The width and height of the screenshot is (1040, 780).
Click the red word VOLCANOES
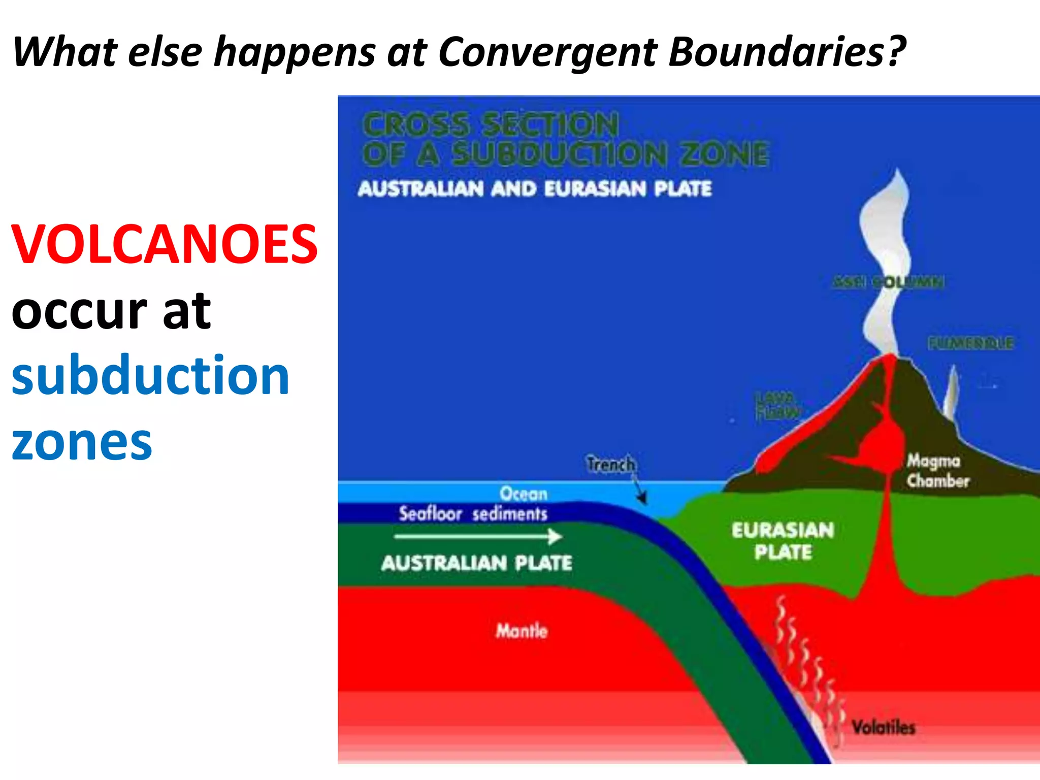[165, 245]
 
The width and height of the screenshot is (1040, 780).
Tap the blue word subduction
[150, 376]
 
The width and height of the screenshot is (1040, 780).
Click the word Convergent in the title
[547, 52]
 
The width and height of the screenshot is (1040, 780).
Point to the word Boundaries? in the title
[787, 52]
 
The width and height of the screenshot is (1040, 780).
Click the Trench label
[610, 464]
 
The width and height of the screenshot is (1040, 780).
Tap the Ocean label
[524, 494]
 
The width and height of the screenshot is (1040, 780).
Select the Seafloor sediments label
[473, 514]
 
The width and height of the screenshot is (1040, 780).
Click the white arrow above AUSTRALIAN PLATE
[478, 536]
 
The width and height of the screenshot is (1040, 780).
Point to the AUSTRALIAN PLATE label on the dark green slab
[476, 563]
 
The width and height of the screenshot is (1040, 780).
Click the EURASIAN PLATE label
[783, 541]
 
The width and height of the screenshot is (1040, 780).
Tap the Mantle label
[522, 631]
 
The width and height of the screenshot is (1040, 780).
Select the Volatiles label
[883, 727]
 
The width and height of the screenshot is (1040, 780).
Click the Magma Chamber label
[937, 471]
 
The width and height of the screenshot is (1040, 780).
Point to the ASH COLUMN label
[888, 282]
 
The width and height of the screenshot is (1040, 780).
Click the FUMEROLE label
[970, 343]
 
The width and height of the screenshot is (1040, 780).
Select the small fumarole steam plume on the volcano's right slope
[951, 394]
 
